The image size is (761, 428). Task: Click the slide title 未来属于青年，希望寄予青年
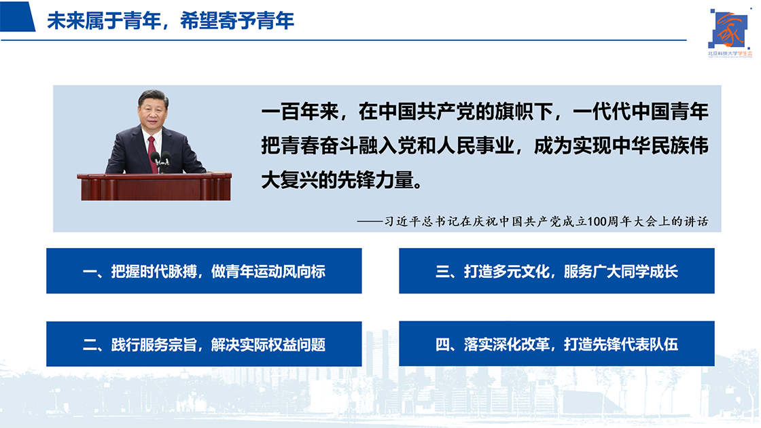pyautogui.click(x=171, y=21)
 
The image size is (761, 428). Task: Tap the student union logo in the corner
pyautogui.click(x=730, y=32)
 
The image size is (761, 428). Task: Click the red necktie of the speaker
pyautogui.click(x=152, y=153)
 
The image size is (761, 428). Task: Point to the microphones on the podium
pyautogui.click(x=160, y=160)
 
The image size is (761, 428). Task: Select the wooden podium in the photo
pyautogui.click(x=154, y=186)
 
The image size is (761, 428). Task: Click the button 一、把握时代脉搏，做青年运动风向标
pyautogui.click(x=204, y=271)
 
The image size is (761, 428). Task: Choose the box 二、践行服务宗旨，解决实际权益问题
pyautogui.click(x=204, y=344)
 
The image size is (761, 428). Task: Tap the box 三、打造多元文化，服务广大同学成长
pyautogui.click(x=556, y=271)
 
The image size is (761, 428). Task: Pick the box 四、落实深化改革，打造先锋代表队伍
pyautogui.click(x=556, y=344)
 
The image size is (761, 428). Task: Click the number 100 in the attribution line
pyautogui.click(x=597, y=221)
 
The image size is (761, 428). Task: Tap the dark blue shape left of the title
pyautogui.click(x=18, y=16)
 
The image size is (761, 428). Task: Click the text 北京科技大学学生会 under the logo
pyautogui.click(x=730, y=54)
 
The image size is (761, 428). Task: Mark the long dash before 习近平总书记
pyautogui.click(x=370, y=221)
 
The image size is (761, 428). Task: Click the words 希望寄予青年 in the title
pyautogui.click(x=237, y=21)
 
